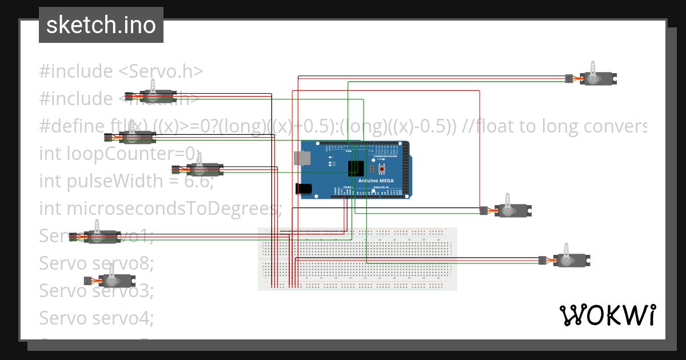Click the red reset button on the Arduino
point(382,169)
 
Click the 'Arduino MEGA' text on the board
point(376,181)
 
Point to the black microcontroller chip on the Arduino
point(357,168)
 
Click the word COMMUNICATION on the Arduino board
point(385,156)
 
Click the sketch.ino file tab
point(101,25)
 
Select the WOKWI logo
point(607,315)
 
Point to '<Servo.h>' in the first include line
point(161,71)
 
